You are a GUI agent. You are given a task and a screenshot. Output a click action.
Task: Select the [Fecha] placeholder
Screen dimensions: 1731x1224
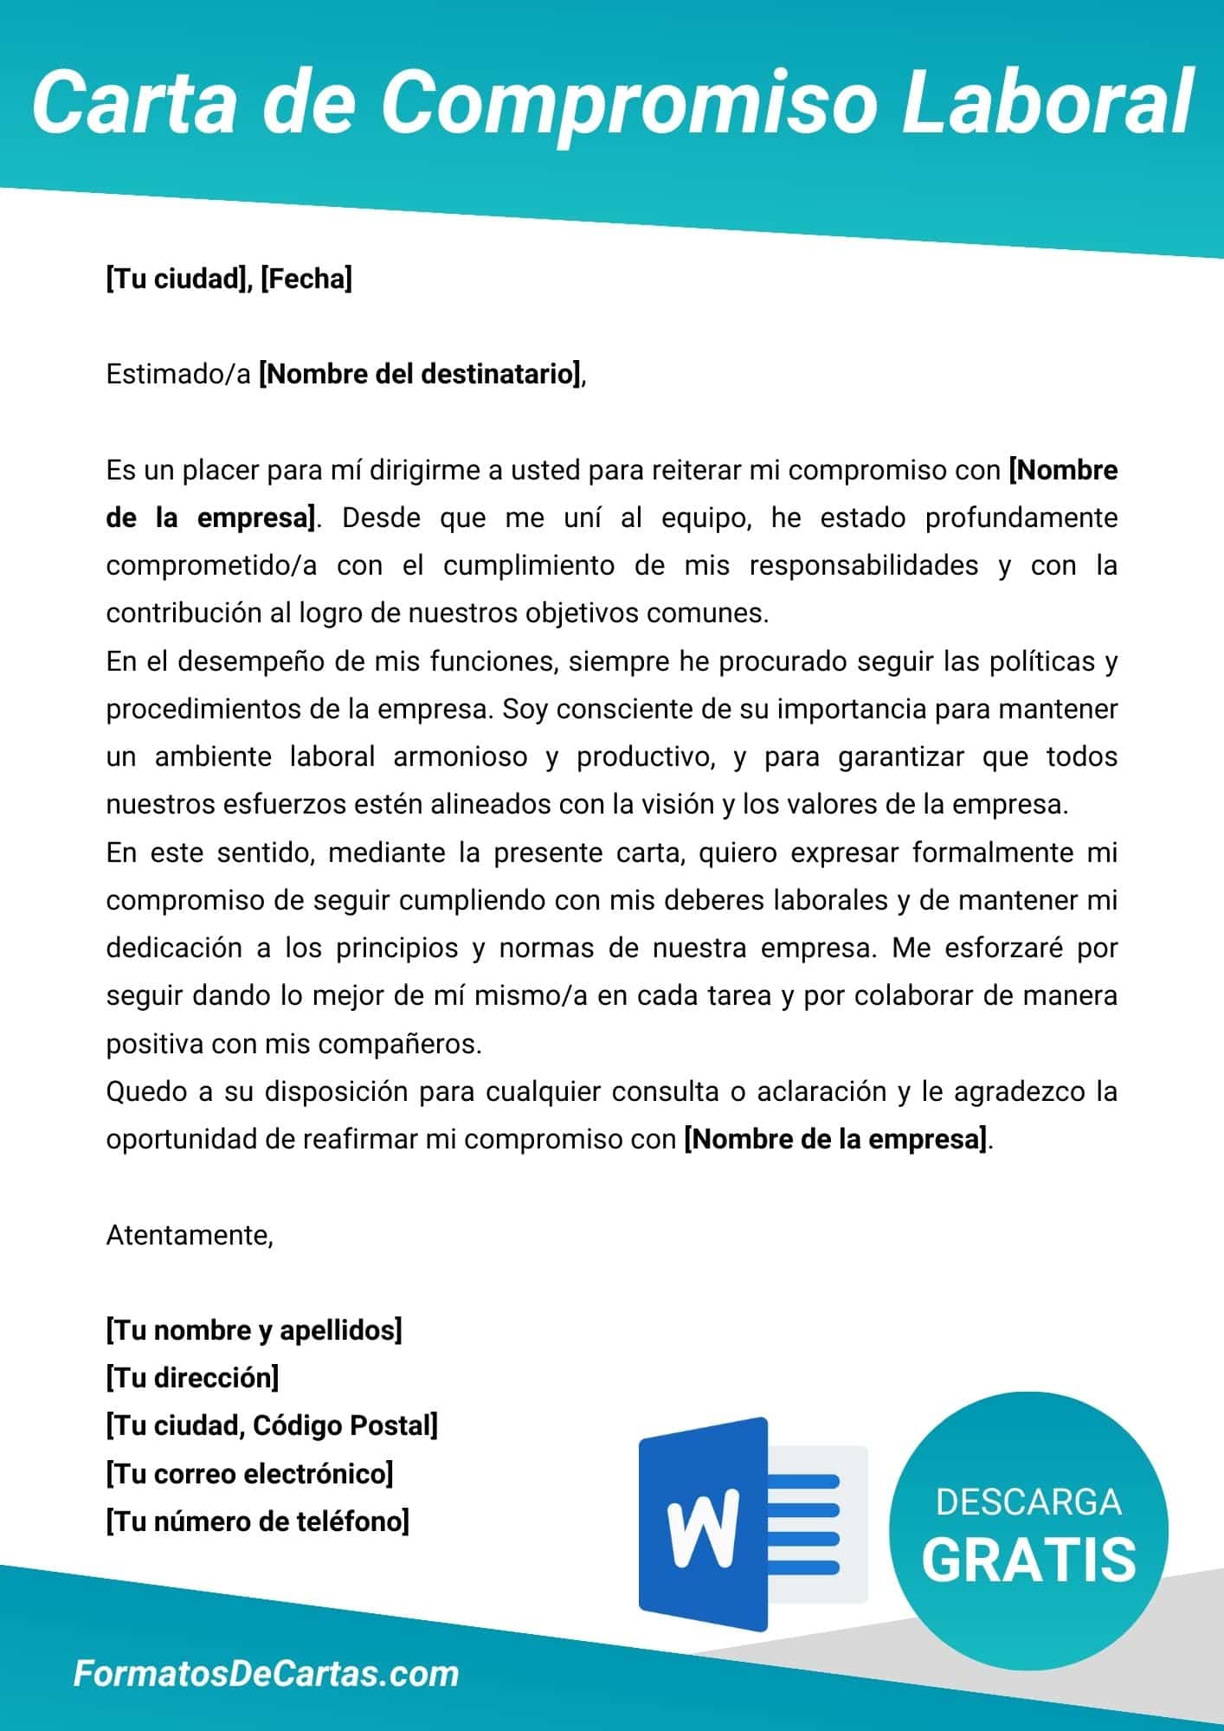point(306,279)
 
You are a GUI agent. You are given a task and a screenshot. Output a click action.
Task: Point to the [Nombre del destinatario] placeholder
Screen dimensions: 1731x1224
point(421,374)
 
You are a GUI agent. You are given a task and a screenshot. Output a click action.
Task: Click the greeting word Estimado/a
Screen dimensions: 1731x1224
point(178,374)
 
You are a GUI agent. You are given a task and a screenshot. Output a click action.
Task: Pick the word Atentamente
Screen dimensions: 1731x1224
point(189,1234)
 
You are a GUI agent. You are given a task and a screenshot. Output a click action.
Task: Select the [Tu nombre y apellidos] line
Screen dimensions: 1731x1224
point(254,1329)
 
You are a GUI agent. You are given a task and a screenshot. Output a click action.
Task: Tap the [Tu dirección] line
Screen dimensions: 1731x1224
point(192,1377)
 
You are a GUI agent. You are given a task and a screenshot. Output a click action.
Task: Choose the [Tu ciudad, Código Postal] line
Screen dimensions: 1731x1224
point(272,1425)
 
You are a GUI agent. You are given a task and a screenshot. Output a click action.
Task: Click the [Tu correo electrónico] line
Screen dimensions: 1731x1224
point(249,1473)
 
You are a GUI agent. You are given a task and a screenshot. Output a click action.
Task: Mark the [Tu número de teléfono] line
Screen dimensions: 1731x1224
point(257,1521)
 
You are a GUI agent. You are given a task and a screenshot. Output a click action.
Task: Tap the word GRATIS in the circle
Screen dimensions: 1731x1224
point(1028,1558)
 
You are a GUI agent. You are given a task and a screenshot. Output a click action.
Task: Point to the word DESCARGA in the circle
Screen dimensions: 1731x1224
point(1028,1502)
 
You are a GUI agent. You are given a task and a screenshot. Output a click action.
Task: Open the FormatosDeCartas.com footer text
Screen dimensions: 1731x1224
point(266,1673)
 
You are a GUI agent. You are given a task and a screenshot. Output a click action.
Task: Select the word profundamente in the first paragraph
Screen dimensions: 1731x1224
point(1021,518)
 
